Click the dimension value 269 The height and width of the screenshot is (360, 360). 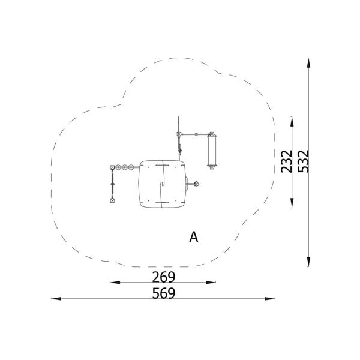click(x=164, y=277)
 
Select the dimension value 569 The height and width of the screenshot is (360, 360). click(x=164, y=293)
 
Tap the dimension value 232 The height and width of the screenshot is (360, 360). click(x=287, y=161)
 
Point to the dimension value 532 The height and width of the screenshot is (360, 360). click(x=303, y=161)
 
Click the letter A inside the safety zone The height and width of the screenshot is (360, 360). click(x=194, y=237)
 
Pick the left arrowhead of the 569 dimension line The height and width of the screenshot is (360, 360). click(x=56, y=299)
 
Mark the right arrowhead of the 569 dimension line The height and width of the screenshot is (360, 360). click(x=270, y=299)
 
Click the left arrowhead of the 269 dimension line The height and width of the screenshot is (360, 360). click(x=115, y=283)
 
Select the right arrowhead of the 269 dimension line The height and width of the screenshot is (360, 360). click(x=211, y=283)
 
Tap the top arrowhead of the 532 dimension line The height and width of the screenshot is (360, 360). click(x=308, y=62)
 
